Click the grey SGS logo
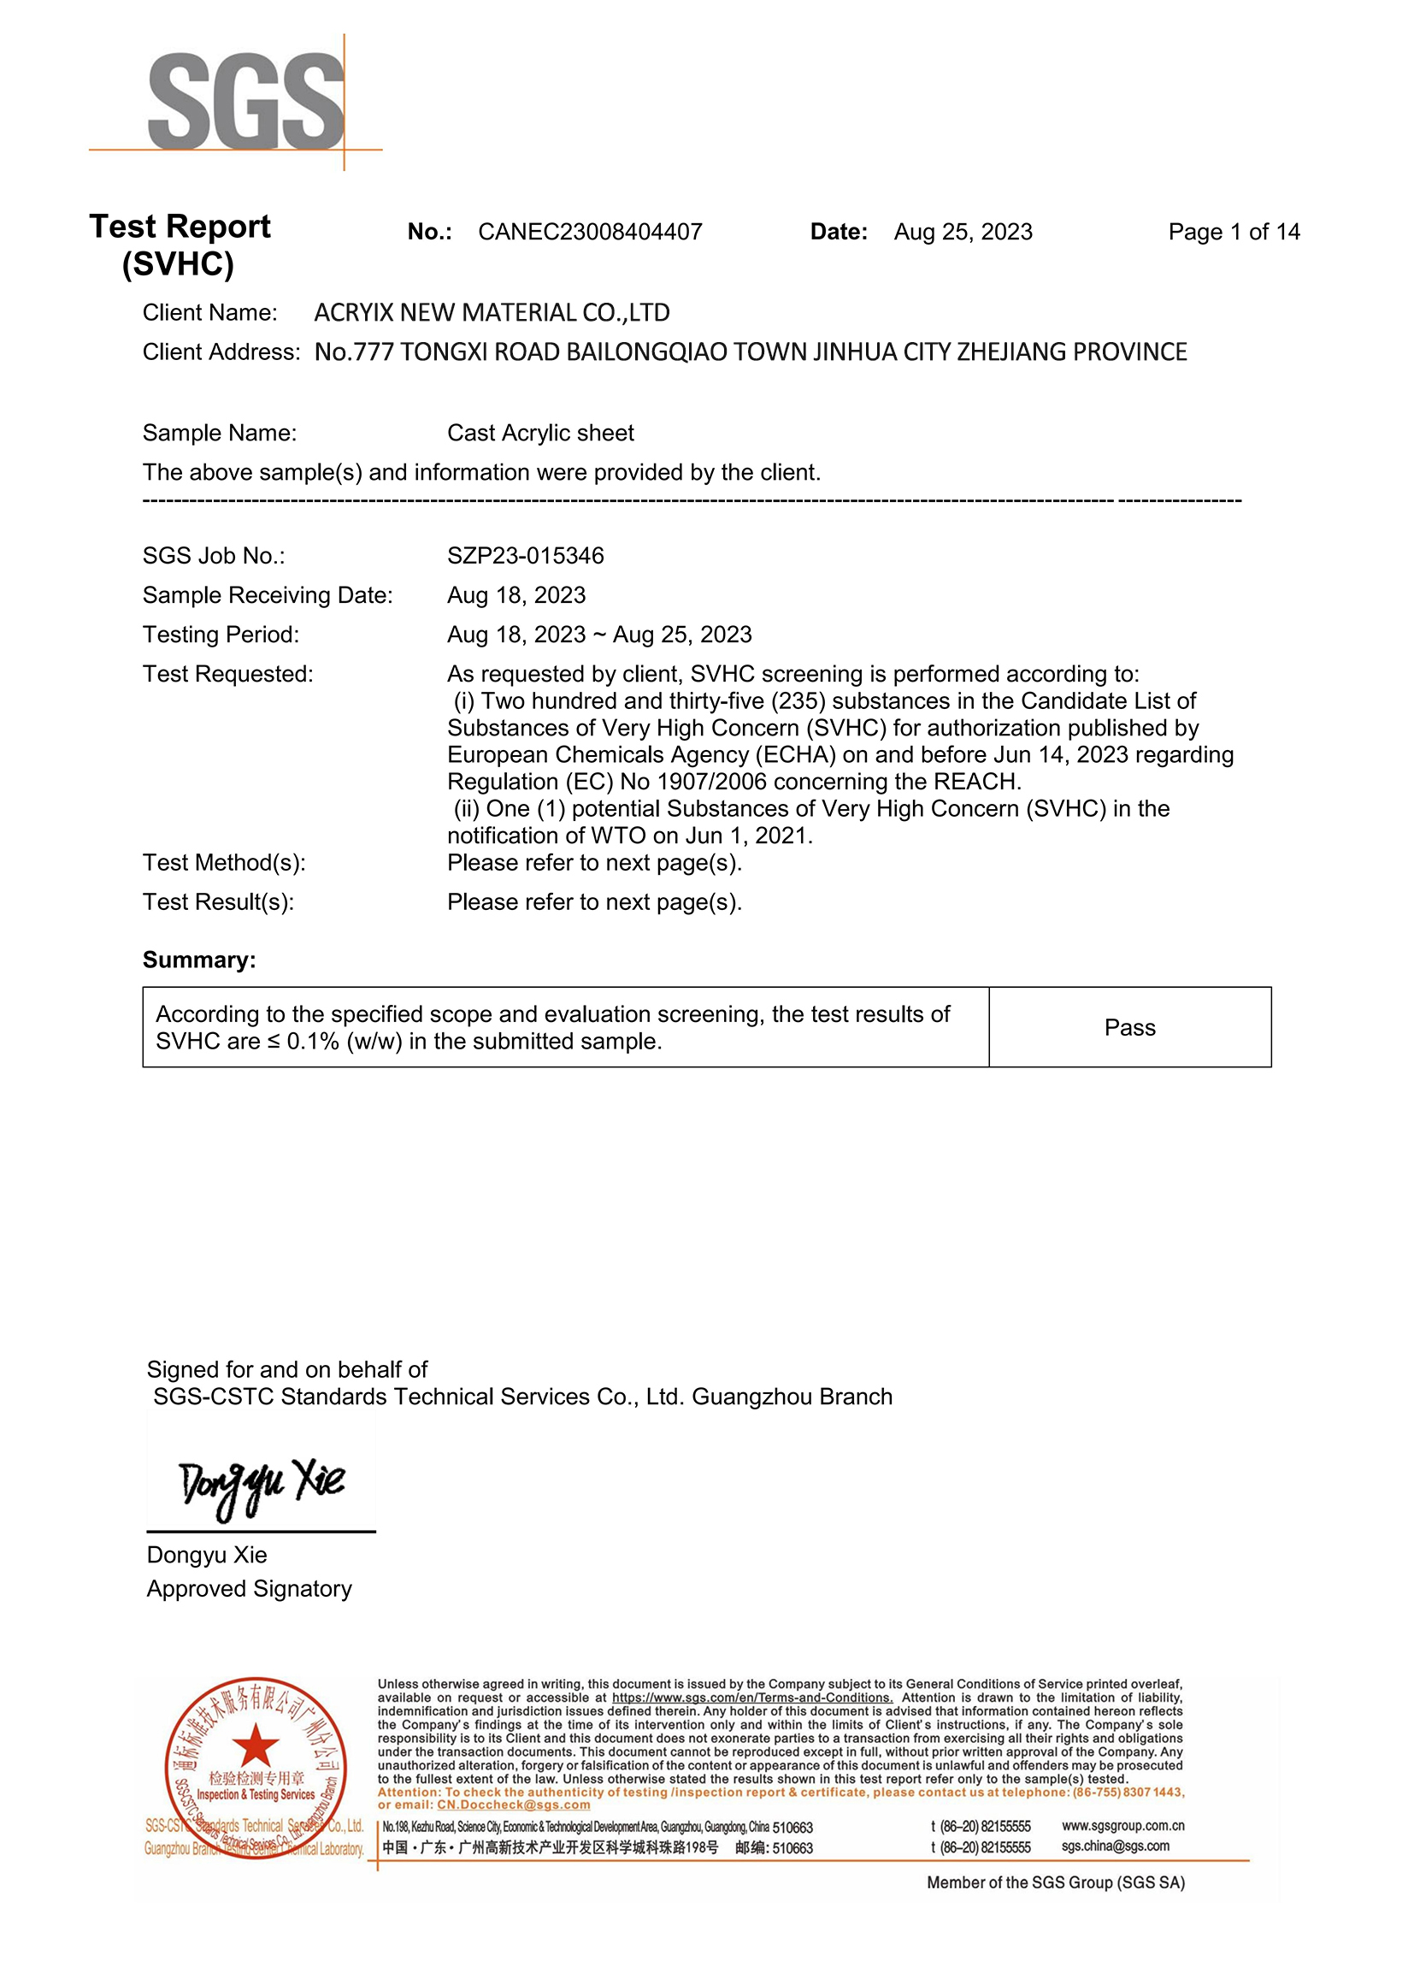[246, 102]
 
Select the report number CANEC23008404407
[590, 233]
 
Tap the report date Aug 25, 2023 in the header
[963, 233]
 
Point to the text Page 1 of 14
[1233, 233]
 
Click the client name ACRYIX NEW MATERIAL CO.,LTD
[492, 312]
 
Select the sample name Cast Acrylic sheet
[540, 434]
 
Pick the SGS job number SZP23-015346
[525, 556]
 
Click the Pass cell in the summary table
[1128, 1027]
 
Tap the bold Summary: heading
[199, 960]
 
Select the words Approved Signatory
[249, 1589]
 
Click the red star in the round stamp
[255, 1744]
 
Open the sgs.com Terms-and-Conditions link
[751, 1698]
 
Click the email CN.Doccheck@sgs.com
[513, 1805]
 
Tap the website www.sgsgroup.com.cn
[1122, 1826]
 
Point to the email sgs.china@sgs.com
[1115, 1846]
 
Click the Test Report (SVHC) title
[180, 245]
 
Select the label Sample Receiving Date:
[267, 596]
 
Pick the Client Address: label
[221, 352]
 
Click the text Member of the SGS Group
[1055, 1882]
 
